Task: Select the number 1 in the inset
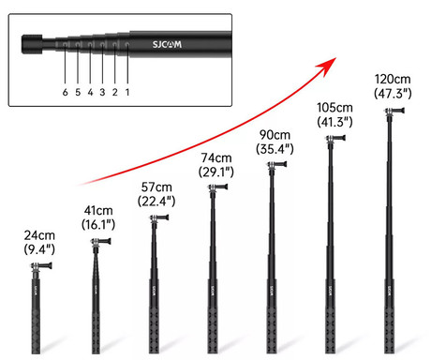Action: pos(126,92)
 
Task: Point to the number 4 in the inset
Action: pos(90,92)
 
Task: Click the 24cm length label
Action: pos(40,235)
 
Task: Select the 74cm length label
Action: pos(215,157)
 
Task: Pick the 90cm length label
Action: pos(275,134)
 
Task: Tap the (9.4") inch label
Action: pos(40,250)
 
